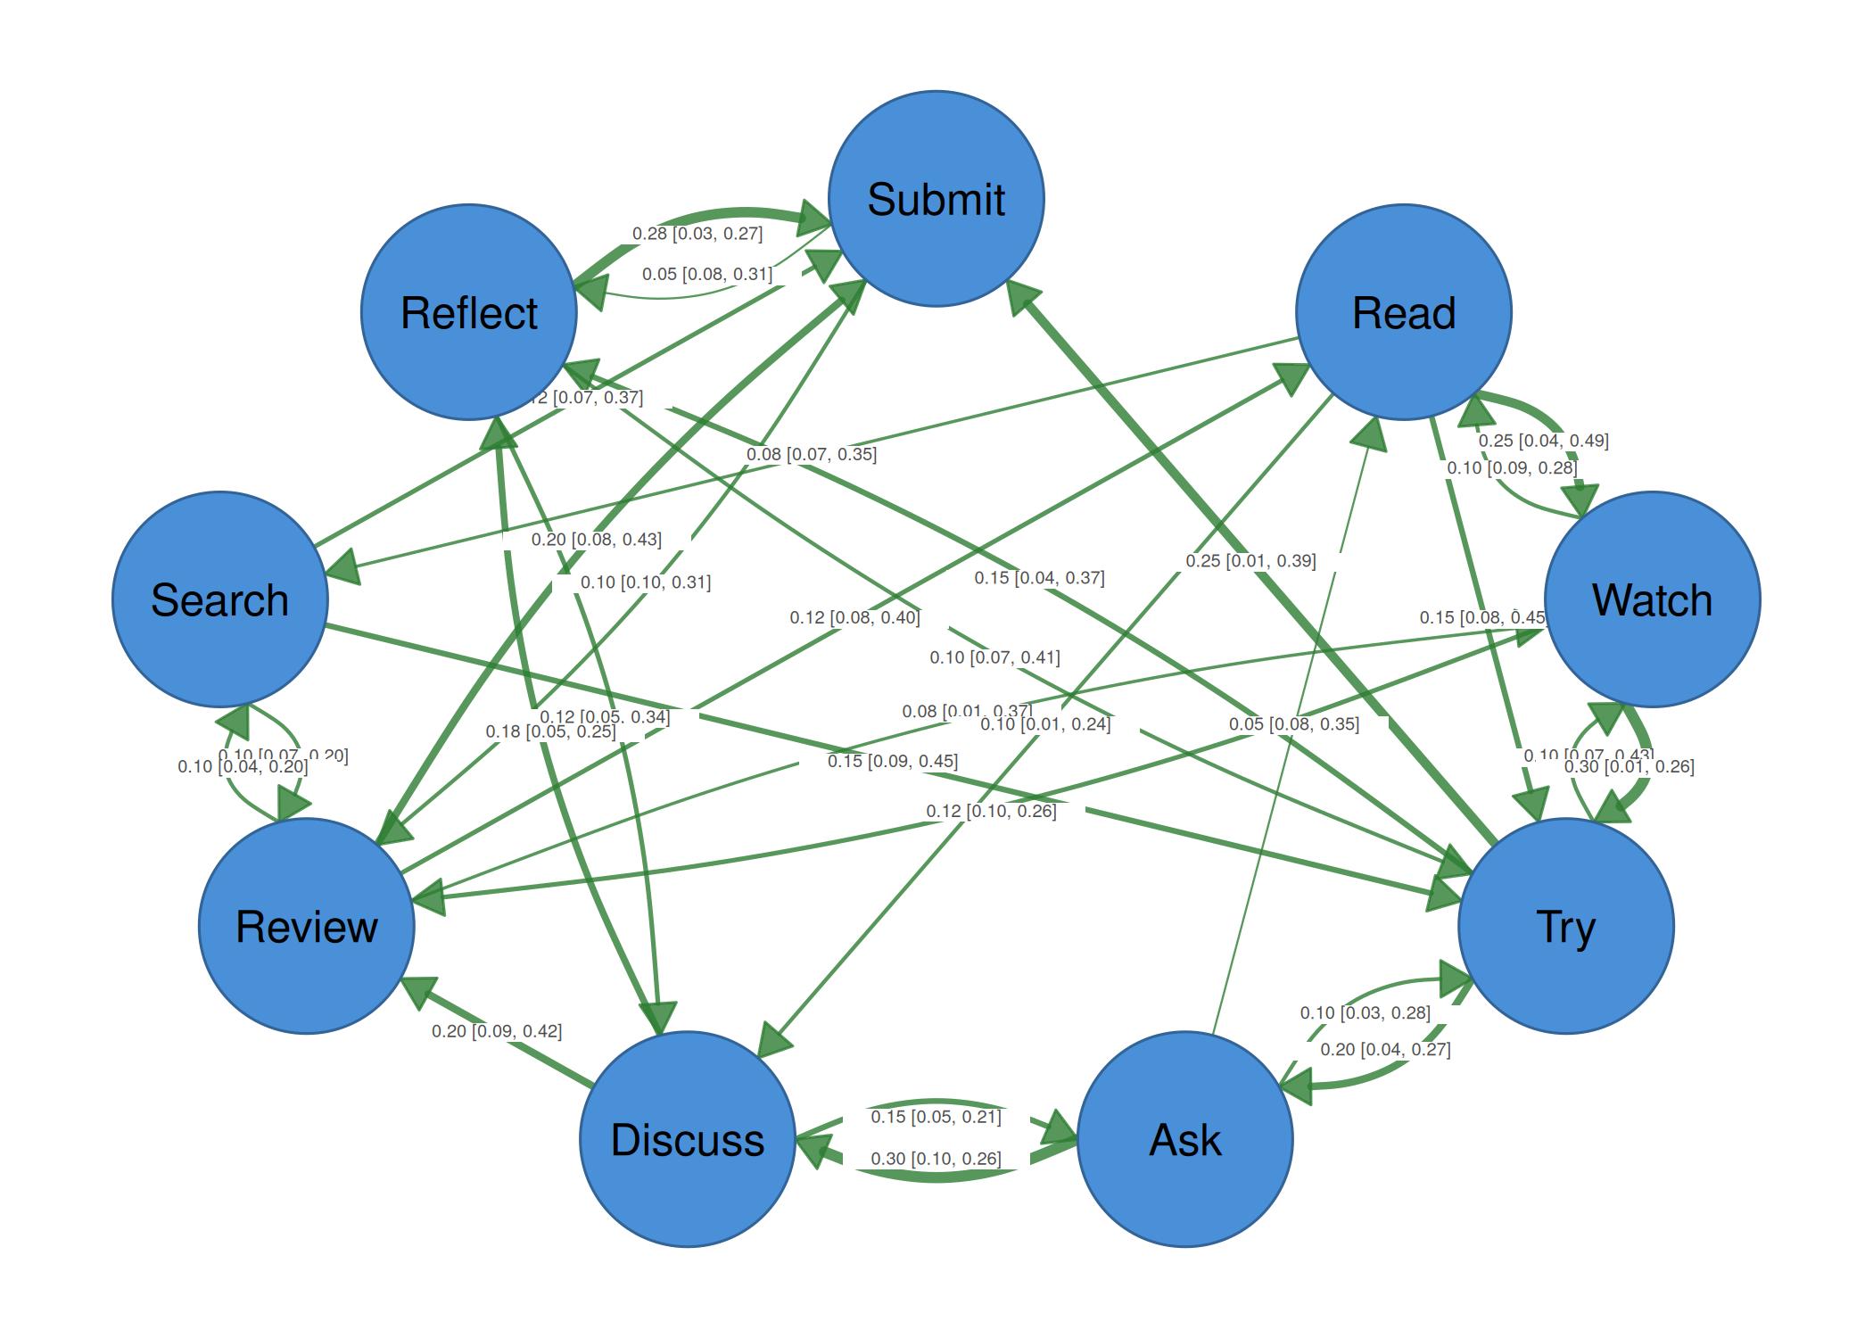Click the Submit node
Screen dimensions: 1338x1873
936,198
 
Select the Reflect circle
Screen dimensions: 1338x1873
469,312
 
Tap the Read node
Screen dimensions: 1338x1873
1403,312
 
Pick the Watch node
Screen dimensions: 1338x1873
1652,599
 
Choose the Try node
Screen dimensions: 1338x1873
1565,926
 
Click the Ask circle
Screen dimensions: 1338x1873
1184,1139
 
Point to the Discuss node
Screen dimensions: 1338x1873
687,1139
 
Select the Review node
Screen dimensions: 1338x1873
307,926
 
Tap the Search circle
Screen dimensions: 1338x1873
220,599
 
